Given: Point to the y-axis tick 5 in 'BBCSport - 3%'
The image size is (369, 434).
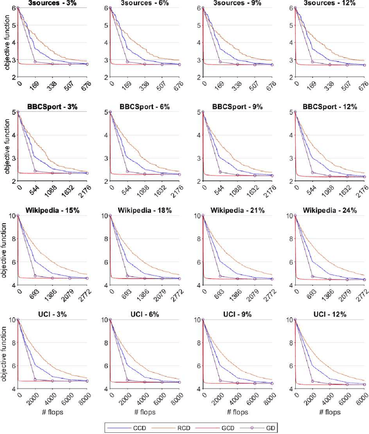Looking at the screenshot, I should click(14, 112).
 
